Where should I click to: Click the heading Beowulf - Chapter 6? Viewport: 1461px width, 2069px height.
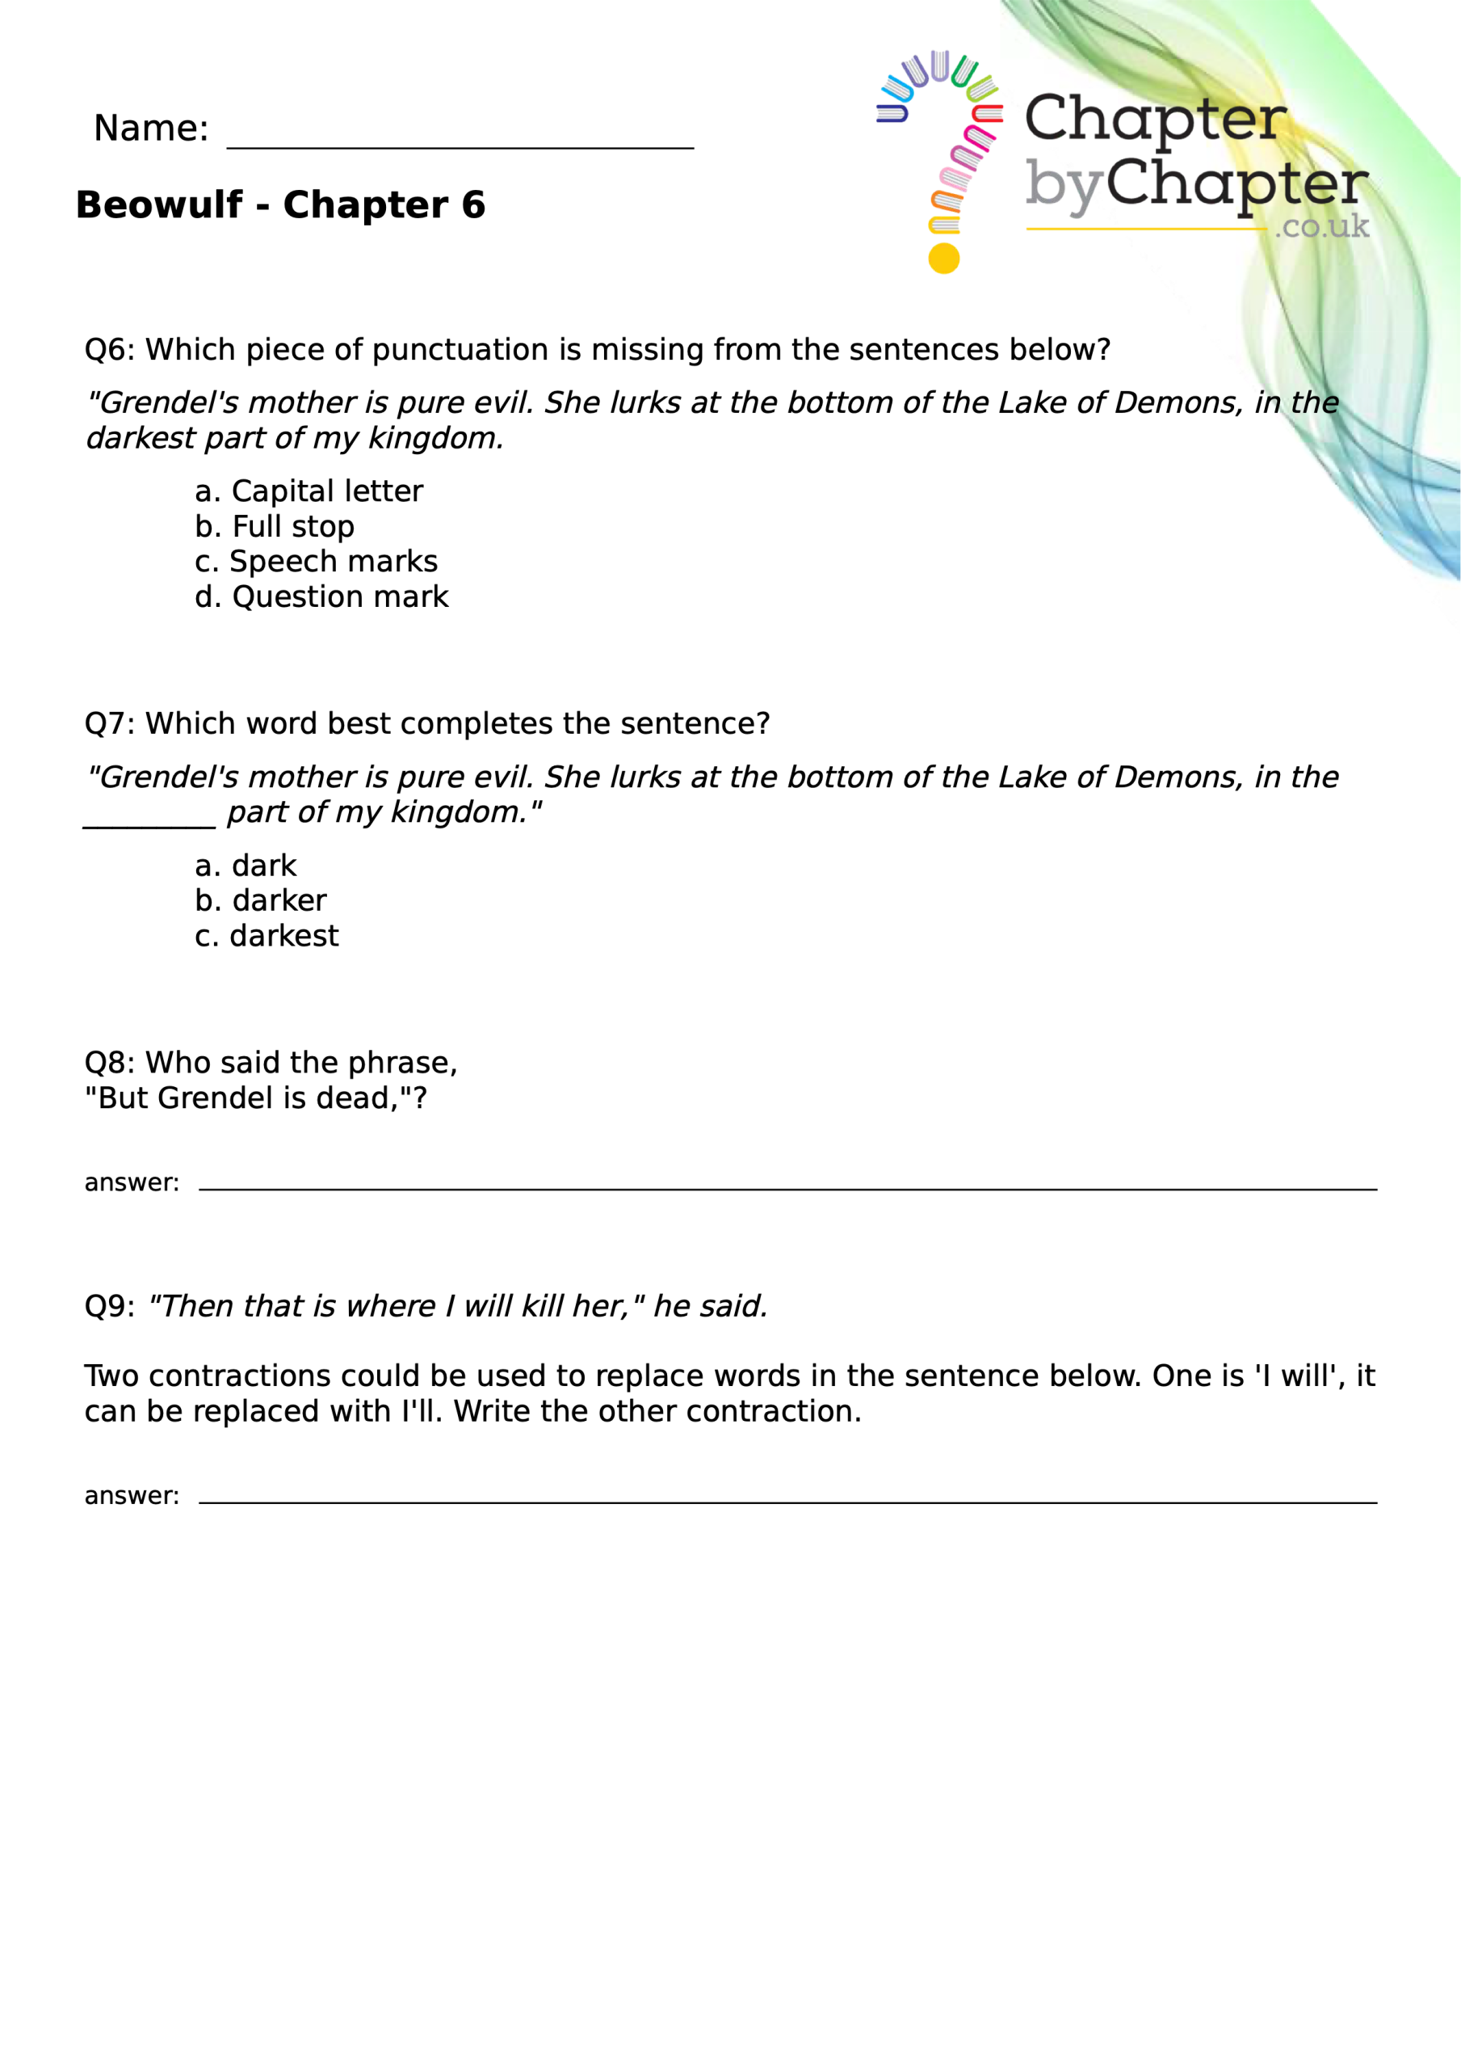point(280,205)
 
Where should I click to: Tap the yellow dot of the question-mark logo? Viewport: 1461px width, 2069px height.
point(943,259)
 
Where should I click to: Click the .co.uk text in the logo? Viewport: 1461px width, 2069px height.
point(1321,226)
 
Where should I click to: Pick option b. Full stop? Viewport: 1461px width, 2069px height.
point(274,526)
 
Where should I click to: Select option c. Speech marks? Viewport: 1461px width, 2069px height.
point(315,562)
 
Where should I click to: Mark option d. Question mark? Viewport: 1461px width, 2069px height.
point(321,596)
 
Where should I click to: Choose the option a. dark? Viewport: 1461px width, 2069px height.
point(245,866)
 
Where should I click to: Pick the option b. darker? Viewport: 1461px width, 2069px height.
point(260,901)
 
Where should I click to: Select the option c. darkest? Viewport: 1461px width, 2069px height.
point(266,936)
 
